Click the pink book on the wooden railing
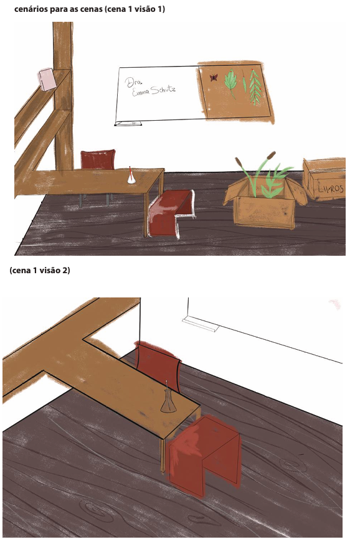pos(47,79)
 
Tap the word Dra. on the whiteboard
pos(130,82)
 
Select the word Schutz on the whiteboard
pos(163,90)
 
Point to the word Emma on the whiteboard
pos(141,92)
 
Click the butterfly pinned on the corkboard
pos(214,77)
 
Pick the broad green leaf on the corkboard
pos(230,83)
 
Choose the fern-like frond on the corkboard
pos(255,87)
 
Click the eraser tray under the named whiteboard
pos(128,123)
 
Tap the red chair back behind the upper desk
pos(98,159)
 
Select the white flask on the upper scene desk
pos(131,176)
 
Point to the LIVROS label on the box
pos(331,189)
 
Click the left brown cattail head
pos(239,162)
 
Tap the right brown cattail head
pos(271,156)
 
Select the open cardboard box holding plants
pos(264,205)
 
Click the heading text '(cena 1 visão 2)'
pos(40,270)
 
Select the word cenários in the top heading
pos(31,9)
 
